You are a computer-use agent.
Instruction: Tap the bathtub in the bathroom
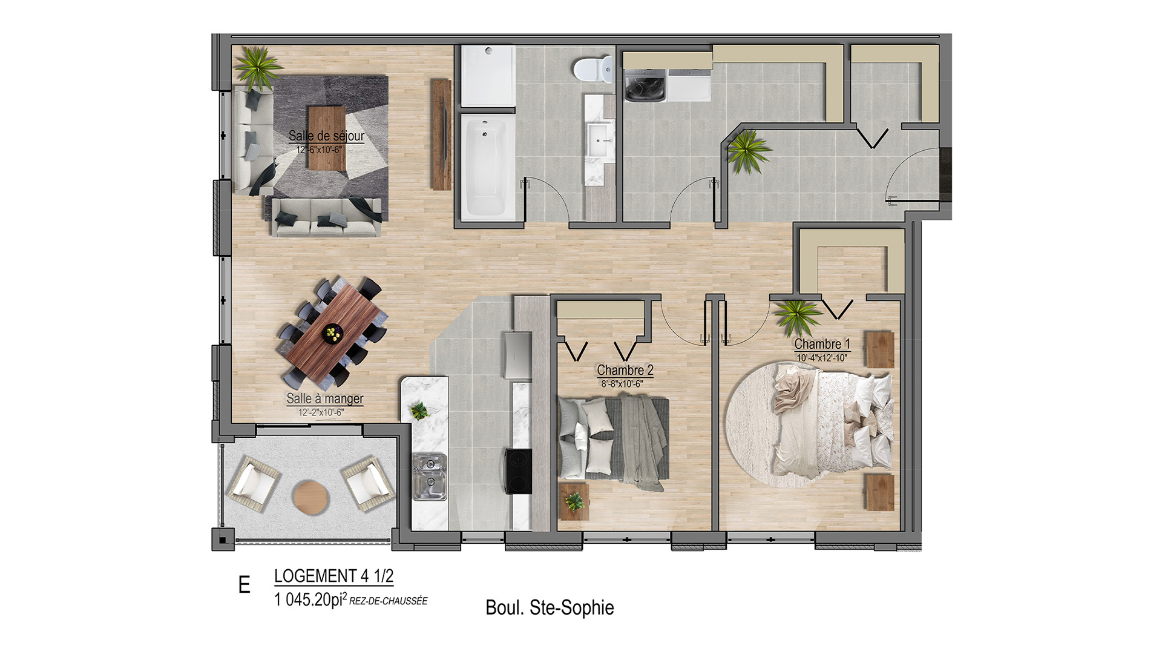[x=485, y=165]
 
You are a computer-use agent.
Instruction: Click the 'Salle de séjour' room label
[x=326, y=136]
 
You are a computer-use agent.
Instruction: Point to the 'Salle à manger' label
[x=325, y=398]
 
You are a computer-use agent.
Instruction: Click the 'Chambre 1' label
[x=822, y=344]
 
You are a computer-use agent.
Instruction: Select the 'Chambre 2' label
[x=625, y=370]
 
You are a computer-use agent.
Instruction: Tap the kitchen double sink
[x=430, y=477]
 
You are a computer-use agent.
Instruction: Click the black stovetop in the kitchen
[x=519, y=471]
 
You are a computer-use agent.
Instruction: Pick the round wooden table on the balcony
[x=311, y=497]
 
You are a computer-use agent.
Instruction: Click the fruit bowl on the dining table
[x=332, y=333]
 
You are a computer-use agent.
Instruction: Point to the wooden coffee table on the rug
[x=326, y=139]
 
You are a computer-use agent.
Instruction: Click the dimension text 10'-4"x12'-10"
[x=822, y=358]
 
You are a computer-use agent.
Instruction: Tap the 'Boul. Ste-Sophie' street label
[x=550, y=607]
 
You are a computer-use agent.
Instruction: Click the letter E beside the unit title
[x=245, y=585]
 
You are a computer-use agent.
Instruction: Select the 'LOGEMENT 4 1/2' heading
[x=333, y=576]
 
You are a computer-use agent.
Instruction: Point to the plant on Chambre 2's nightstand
[x=573, y=501]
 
